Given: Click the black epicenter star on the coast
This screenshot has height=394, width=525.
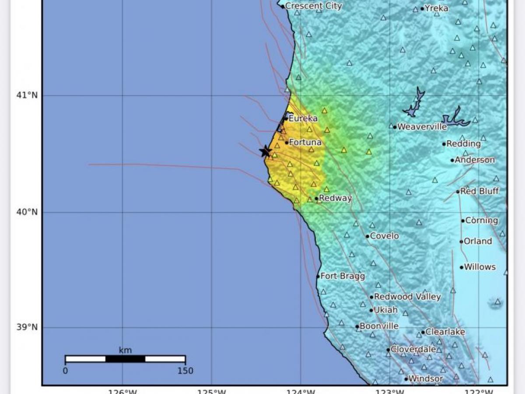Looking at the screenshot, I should [x=266, y=151].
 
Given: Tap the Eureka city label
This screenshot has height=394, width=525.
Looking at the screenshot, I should [x=303, y=118].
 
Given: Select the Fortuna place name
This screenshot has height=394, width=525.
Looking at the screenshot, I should [x=305, y=142].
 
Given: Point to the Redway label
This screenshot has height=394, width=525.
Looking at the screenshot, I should [x=335, y=198].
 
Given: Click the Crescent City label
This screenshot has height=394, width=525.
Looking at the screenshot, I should [x=313, y=6].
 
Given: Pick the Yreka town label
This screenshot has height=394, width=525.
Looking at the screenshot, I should [x=436, y=8].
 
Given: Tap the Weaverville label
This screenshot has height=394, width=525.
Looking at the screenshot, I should [x=422, y=127].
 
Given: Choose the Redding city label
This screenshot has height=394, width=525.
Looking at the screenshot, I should [x=463, y=144].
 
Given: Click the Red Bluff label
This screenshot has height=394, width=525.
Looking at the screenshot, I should [x=479, y=191].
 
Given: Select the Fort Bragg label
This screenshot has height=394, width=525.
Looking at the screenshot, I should [x=343, y=276].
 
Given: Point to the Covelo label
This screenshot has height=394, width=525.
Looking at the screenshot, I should [x=385, y=236].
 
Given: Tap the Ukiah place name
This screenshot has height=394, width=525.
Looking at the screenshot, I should [x=385, y=310].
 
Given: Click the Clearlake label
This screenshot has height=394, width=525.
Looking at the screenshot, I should [x=445, y=332].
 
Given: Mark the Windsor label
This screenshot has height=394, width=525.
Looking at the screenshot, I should [x=426, y=379].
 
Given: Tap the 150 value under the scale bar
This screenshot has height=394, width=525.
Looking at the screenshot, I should [x=185, y=371].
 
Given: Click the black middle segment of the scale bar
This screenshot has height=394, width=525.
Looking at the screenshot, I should [x=125, y=359].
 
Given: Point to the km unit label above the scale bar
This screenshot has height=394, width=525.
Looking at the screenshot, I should [x=125, y=350].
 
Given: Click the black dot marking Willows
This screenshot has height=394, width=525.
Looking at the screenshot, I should [x=461, y=267].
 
